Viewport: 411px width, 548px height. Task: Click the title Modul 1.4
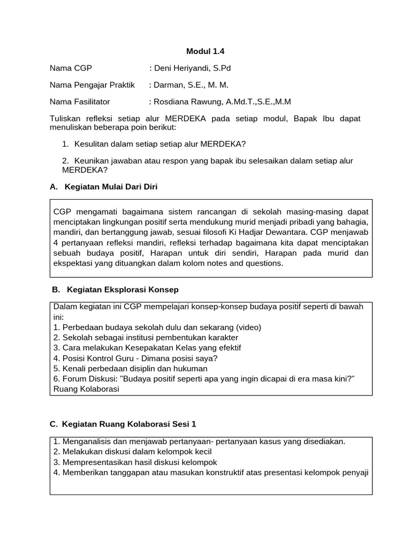[205, 51]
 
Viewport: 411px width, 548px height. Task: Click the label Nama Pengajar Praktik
[92, 85]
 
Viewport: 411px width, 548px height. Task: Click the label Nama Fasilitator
[80, 101]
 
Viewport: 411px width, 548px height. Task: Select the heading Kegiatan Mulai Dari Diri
[111, 186]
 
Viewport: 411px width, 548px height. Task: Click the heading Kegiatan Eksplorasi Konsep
[123, 289]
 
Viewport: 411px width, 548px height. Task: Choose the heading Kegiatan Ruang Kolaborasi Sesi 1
[130, 424]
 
